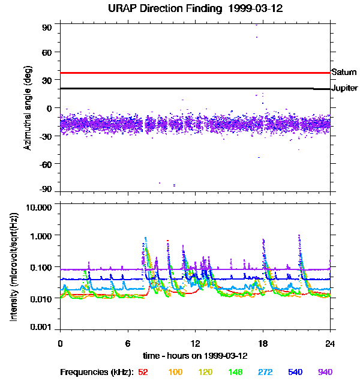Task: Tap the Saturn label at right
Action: (344, 72)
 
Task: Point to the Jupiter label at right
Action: (345, 88)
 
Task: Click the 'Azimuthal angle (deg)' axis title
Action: (28, 108)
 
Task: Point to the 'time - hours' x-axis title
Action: (195, 356)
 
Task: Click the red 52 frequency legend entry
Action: (143, 372)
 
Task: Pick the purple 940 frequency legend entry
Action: (325, 372)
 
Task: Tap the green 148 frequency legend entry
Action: (236, 372)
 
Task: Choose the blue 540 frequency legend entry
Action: (295, 372)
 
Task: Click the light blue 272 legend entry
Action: (265, 372)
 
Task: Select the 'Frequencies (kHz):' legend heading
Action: (95, 372)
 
